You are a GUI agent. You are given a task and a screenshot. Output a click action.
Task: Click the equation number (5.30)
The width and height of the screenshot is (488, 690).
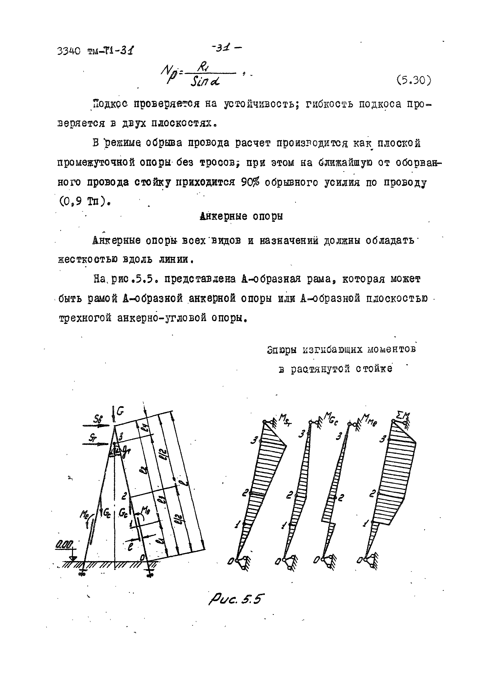[413, 80]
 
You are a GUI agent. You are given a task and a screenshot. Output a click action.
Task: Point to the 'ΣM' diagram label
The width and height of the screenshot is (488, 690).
[403, 416]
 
